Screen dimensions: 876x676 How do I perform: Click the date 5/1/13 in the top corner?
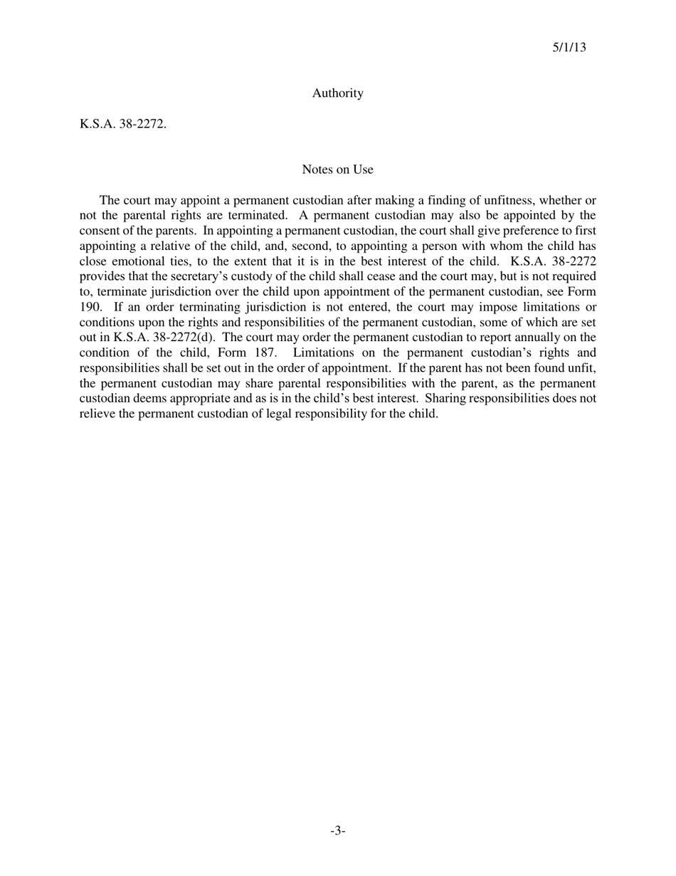(x=569, y=48)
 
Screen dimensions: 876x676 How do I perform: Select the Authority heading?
(x=337, y=93)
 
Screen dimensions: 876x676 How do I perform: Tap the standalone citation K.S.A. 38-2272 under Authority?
(x=122, y=124)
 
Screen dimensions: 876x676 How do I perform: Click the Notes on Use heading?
(x=337, y=170)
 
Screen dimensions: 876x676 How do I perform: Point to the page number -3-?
(x=337, y=830)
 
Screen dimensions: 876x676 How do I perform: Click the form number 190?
(x=90, y=307)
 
